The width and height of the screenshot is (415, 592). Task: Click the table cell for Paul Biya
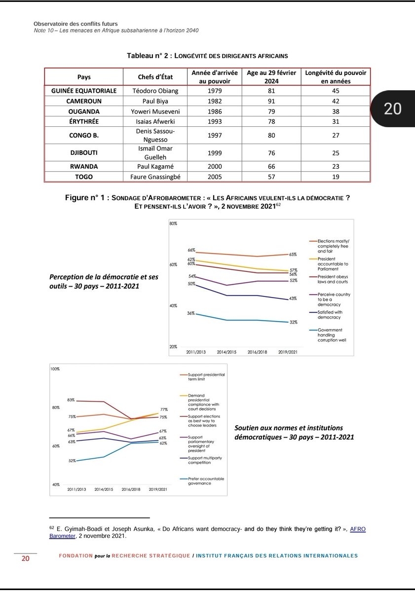155,101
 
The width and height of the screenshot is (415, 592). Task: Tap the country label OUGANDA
84,111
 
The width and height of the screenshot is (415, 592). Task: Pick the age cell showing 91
271,101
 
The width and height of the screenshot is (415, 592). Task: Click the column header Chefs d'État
155,77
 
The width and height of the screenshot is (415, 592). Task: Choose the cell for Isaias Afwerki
155,121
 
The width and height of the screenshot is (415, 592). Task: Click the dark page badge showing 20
392,109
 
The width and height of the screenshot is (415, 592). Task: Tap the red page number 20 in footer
25,559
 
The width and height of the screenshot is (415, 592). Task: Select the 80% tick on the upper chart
173,224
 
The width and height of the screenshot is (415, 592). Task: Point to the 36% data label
191,313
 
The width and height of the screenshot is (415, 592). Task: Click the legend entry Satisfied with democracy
330,315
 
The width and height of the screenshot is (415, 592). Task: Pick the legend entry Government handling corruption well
331,335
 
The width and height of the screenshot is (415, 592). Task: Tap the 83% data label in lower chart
71,400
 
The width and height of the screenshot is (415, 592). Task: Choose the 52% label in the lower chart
72,461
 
